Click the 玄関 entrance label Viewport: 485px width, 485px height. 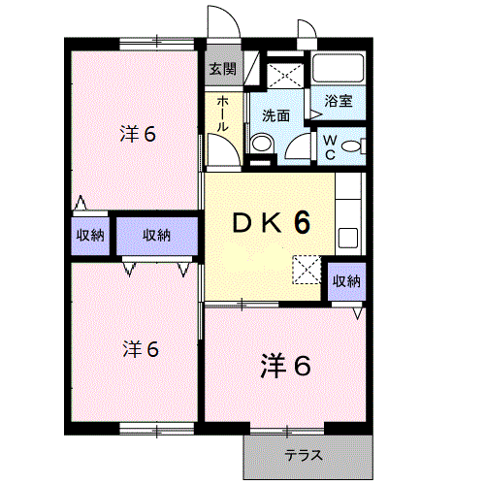223,69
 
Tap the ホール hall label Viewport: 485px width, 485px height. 223,113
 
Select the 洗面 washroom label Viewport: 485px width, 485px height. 275,115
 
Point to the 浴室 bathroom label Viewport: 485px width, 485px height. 339,101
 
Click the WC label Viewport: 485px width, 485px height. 330,147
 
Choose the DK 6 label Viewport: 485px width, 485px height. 272,222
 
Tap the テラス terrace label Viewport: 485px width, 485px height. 304,456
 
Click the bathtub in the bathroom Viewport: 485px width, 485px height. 339,68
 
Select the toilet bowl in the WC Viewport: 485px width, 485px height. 351,145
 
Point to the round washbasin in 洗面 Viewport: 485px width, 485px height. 262,143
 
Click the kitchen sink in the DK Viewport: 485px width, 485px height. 348,238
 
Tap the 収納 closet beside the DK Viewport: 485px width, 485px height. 347,281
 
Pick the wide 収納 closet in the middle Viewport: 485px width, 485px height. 157,236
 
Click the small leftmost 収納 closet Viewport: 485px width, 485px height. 90,236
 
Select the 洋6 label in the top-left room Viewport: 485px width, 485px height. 138,134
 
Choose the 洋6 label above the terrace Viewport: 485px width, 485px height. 285,366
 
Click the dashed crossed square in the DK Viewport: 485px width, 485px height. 307,270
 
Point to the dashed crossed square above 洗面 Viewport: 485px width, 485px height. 285,76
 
